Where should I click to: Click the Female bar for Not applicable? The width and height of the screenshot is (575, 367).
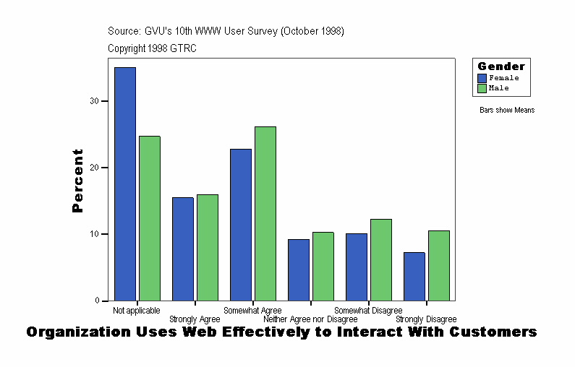[125, 183]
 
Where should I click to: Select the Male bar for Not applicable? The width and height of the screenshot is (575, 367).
[150, 218]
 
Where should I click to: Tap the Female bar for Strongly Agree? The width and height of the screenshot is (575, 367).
[183, 249]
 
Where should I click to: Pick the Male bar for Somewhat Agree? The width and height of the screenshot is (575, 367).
[265, 213]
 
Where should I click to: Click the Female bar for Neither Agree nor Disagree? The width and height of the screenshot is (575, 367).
[299, 269]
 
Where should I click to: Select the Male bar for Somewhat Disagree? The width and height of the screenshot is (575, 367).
[381, 259]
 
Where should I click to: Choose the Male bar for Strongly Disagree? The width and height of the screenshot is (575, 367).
[439, 265]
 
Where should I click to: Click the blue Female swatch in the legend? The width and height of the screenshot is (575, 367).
[482, 78]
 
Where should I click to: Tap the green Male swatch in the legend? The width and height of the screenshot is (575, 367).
[482, 88]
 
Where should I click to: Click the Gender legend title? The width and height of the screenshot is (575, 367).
[501, 66]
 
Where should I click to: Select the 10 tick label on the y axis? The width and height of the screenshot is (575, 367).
[94, 234]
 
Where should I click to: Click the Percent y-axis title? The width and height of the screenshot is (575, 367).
[78, 181]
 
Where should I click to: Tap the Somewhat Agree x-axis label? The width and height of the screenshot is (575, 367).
[252, 311]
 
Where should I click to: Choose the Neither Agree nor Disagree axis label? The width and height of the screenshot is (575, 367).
[310, 319]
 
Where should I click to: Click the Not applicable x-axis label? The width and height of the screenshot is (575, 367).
[137, 311]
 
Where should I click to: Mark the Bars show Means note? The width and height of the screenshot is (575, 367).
[507, 111]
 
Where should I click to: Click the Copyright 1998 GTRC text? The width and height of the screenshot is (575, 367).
[152, 48]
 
